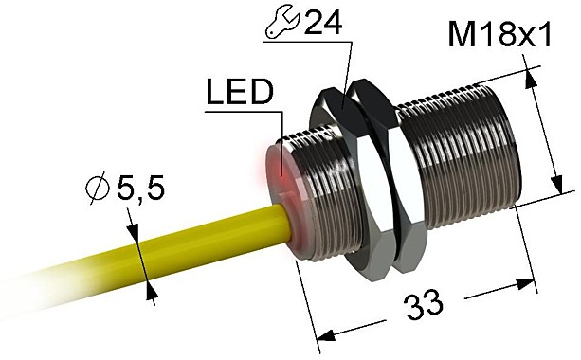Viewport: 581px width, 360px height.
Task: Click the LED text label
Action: pyautogui.click(x=238, y=93)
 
